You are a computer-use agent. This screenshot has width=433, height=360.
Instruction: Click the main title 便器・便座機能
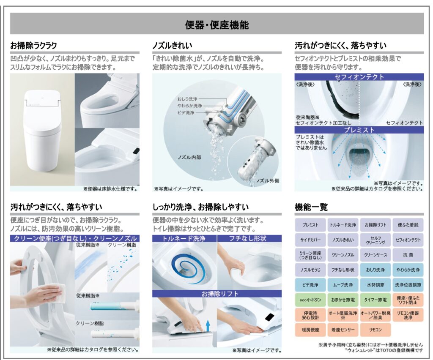pos(217,25)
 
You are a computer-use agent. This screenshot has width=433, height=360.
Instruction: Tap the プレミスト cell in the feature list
pos(310,225)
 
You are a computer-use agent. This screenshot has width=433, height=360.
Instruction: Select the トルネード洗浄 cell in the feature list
pos(343,225)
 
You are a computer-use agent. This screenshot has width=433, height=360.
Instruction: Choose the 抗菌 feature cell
pos(408,255)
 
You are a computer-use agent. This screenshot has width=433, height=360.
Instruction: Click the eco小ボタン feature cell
pos(310,300)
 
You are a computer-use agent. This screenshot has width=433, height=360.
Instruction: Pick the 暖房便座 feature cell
pos(310,330)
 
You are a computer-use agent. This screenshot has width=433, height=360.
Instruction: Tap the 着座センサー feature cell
pos(343,330)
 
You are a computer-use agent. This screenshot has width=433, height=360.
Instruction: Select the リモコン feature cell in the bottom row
pos(375,330)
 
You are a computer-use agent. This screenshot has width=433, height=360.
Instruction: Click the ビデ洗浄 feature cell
pos(310,285)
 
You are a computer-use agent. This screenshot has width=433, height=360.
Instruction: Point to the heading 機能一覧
pos(311,207)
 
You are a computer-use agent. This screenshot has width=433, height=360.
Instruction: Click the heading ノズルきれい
pos(173,45)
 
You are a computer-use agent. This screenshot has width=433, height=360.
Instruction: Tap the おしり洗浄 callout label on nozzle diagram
pos(187,99)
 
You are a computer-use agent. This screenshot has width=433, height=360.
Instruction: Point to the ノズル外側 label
pos(267,181)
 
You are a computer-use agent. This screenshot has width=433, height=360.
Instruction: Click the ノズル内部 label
pos(189,157)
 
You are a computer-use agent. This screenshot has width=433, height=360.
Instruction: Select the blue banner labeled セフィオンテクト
pos(359,76)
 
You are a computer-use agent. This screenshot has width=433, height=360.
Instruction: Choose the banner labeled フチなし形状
pos(249,238)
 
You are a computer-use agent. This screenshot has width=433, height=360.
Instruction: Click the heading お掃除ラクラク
pos(33,45)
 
